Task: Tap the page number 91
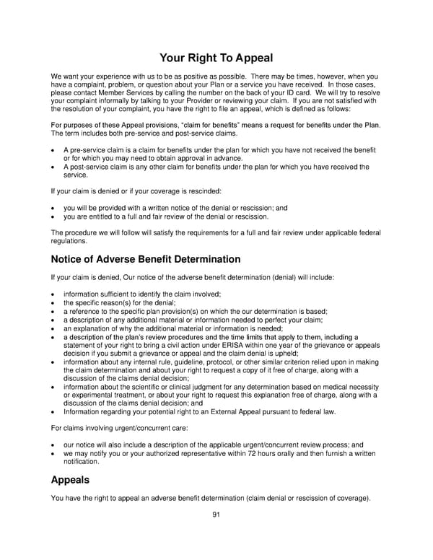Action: (216, 514)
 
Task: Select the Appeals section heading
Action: (70, 479)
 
